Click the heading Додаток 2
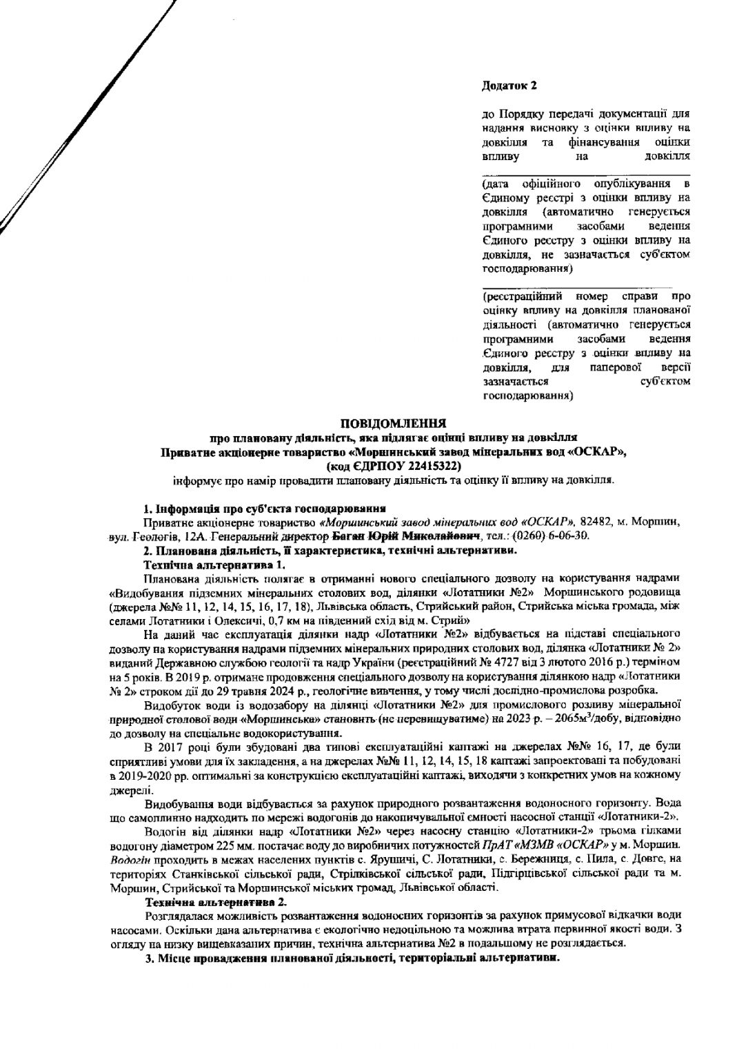click(x=509, y=86)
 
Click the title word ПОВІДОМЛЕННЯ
click(x=394, y=422)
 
